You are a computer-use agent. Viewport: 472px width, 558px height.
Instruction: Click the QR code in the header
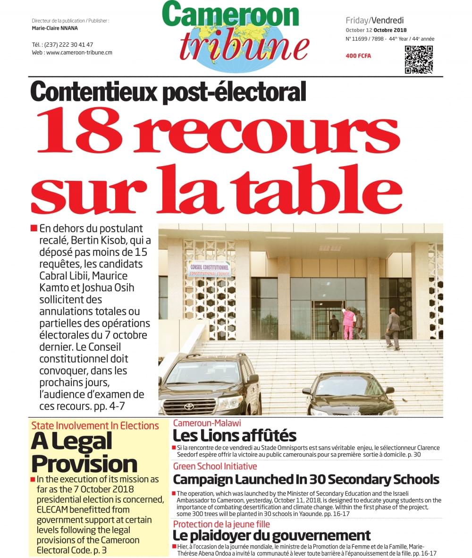tap(419, 59)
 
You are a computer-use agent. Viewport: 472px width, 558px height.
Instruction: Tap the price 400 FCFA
tap(358, 56)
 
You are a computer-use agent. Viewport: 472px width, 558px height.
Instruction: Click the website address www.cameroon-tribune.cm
tap(79, 52)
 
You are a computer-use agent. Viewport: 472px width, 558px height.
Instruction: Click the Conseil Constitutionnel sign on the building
tap(210, 268)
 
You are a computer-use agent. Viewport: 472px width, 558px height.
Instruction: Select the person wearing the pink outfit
tap(348, 322)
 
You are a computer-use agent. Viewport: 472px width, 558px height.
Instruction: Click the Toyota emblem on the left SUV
tap(189, 406)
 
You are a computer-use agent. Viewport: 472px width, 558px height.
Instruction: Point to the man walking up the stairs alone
tap(393, 329)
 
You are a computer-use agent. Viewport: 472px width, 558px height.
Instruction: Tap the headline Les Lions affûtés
tap(235, 435)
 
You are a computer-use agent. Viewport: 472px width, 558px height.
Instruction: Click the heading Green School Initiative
tap(215, 466)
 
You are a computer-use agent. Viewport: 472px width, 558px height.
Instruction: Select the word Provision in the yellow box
tap(84, 464)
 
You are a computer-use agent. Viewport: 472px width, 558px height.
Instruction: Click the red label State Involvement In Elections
tap(95, 425)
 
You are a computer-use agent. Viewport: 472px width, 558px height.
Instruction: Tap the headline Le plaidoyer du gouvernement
tap(271, 535)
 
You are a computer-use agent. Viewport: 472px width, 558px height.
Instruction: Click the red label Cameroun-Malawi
tap(207, 423)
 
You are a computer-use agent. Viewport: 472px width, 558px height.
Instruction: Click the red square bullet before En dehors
tap(34, 228)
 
